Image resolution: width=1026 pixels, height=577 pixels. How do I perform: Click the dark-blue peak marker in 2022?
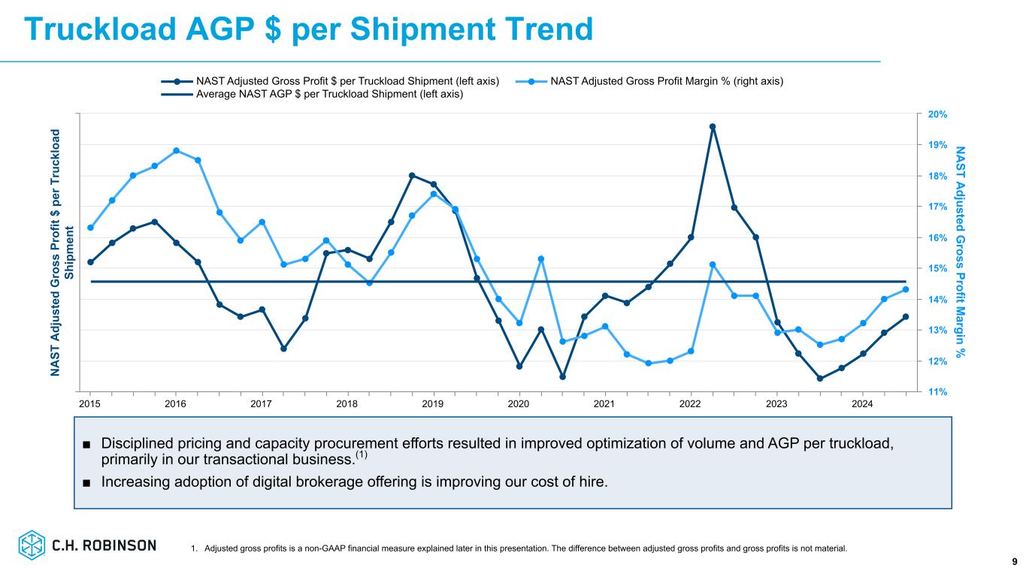[x=713, y=127]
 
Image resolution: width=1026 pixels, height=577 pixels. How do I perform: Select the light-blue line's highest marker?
[x=176, y=150]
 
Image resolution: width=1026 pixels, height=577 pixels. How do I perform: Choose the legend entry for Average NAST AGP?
[x=329, y=94]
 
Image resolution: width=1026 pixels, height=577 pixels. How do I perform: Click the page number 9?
[x=1014, y=561]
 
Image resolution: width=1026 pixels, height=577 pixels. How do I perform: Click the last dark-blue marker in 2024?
[x=906, y=316]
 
